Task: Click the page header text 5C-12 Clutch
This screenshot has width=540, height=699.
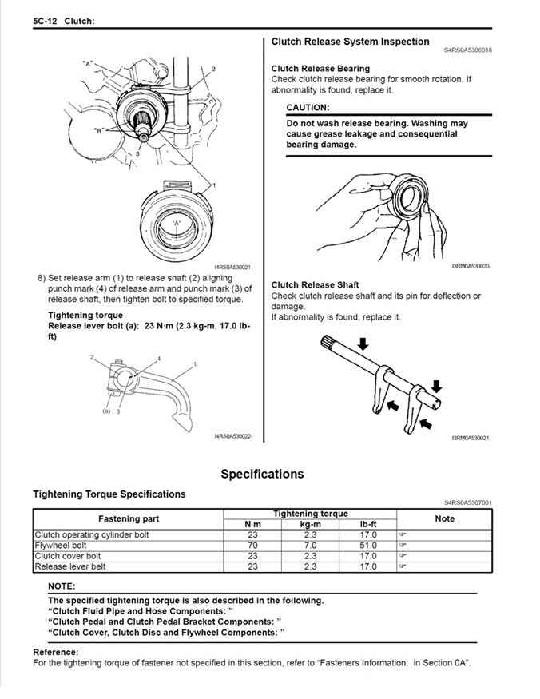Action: coord(64,22)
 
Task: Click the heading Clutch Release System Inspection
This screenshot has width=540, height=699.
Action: coord(350,42)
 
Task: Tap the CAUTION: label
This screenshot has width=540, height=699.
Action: coord(307,107)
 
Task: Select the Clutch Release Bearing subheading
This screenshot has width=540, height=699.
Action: coord(320,69)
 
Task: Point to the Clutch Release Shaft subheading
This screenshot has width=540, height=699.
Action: coord(315,284)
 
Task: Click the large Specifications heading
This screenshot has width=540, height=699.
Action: coord(262,474)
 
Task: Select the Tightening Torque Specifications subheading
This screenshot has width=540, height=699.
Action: coord(109,494)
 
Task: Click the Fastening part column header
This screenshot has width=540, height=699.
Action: coord(128,518)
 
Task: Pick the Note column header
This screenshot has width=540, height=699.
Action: coord(444,518)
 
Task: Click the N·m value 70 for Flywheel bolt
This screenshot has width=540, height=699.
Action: coord(252,545)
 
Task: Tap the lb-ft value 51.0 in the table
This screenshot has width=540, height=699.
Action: coord(367,545)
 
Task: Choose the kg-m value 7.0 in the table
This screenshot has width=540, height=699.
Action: coord(311,545)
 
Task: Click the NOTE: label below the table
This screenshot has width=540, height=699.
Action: coord(62,586)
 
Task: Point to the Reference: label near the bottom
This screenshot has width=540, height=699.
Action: coord(55,652)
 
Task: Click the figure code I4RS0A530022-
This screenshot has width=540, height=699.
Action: coord(233,435)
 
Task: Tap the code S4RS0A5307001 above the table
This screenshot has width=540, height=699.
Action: coord(468,502)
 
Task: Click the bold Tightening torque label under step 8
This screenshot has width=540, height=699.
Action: coord(85,315)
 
